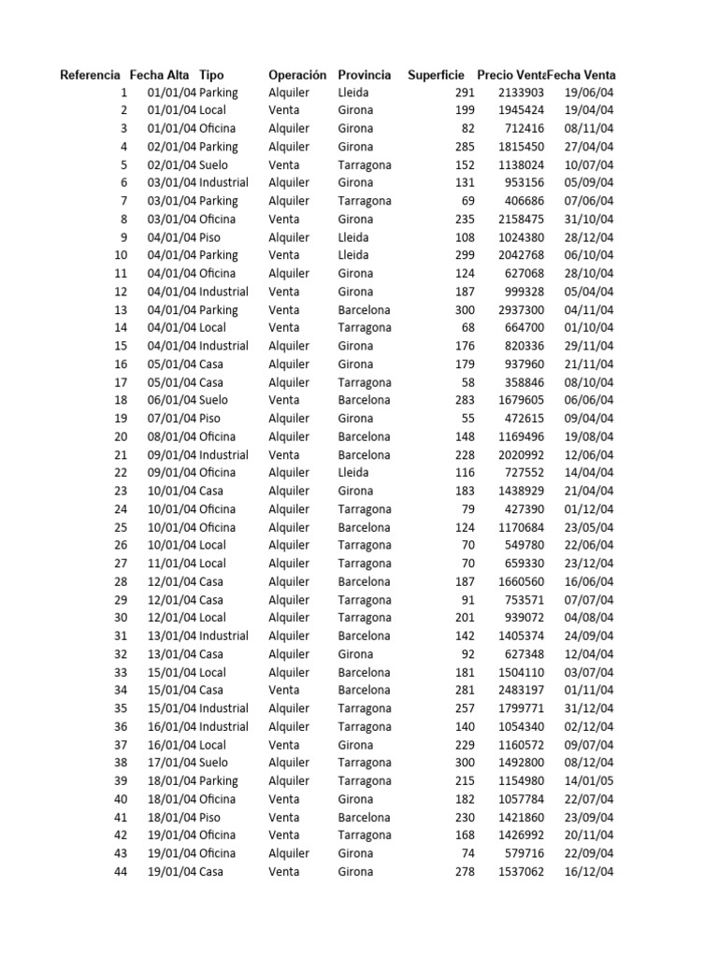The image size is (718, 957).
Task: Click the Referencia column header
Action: [90, 75]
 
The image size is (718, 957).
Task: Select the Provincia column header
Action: [365, 75]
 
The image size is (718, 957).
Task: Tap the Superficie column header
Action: [436, 75]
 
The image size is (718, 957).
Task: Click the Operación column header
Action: [297, 75]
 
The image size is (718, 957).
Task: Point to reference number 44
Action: [121, 872]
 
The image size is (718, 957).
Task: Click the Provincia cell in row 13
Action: [365, 310]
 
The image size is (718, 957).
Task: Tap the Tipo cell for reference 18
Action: [213, 400]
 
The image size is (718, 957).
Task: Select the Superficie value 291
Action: [465, 93]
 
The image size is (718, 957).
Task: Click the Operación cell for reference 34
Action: [284, 691]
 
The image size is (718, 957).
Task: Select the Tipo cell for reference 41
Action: [210, 817]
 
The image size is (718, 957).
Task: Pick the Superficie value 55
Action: [468, 419]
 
